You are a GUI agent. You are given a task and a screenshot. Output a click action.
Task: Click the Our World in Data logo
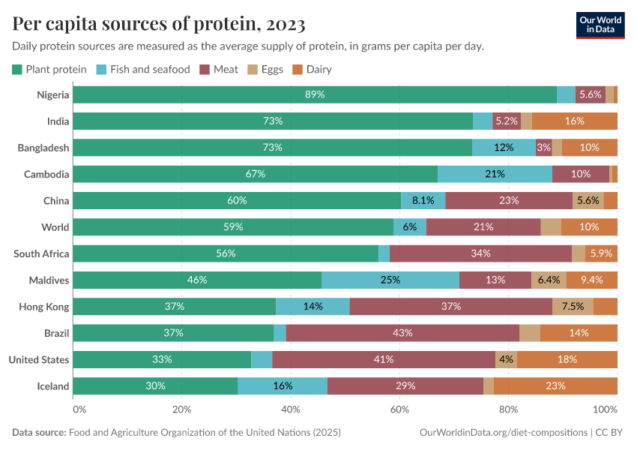(x=600, y=24)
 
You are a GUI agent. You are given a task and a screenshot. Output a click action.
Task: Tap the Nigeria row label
(x=53, y=94)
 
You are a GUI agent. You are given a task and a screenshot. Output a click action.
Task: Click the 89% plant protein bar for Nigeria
(x=315, y=94)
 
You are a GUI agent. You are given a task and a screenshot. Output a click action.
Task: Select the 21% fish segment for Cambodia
(x=495, y=174)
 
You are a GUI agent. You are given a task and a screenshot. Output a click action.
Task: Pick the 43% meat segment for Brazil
(x=402, y=333)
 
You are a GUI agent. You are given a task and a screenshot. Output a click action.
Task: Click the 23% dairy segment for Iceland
(x=555, y=386)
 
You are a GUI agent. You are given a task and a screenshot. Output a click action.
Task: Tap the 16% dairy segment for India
(x=574, y=121)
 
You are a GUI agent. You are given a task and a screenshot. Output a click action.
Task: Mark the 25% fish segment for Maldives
(x=390, y=280)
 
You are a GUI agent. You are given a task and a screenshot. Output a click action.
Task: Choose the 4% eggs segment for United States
(x=506, y=359)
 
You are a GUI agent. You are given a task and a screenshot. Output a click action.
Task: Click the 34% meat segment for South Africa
(x=480, y=253)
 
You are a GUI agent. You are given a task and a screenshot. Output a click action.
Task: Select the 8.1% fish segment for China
(x=423, y=200)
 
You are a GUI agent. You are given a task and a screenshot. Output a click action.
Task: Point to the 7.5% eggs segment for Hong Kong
(x=573, y=307)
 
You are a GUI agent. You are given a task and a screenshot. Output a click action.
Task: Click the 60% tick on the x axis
(x=399, y=409)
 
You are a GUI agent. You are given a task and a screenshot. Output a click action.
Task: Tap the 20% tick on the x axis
(x=182, y=409)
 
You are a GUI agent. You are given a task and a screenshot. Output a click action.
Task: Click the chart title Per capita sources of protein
(x=159, y=24)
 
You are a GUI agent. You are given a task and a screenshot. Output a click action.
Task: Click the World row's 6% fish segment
(x=410, y=227)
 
